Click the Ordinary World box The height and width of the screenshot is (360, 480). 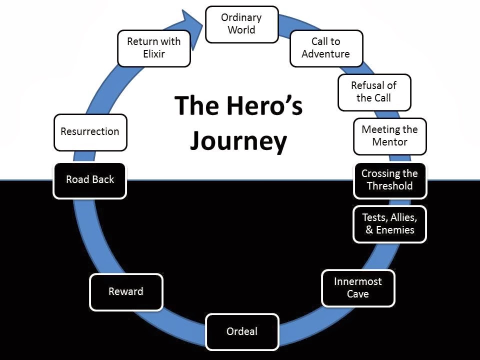[x=242, y=24]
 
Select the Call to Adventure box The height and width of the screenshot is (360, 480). [x=326, y=48]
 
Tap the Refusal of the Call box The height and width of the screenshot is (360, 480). [x=374, y=92]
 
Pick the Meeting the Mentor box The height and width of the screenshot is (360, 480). [x=390, y=136]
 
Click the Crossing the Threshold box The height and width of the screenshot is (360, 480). [x=390, y=180]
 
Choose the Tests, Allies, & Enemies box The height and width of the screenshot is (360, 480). [x=389, y=224]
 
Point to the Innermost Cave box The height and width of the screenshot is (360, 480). [x=358, y=288]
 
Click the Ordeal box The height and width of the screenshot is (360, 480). [x=242, y=332]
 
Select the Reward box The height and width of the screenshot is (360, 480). [x=126, y=292]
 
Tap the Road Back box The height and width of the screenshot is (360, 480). [x=90, y=180]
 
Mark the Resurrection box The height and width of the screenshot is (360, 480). [x=90, y=132]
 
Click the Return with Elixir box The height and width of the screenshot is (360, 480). [x=154, y=48]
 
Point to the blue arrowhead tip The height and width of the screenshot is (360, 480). [x=203, y=24]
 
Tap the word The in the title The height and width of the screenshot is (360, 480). [x=198, y=105]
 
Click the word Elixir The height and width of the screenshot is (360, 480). [x=154, y=54]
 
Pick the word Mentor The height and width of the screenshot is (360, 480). [x=389, y=142]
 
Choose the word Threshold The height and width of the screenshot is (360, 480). [x=389, y=186]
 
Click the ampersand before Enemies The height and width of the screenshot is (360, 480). [x=369, y=230]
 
